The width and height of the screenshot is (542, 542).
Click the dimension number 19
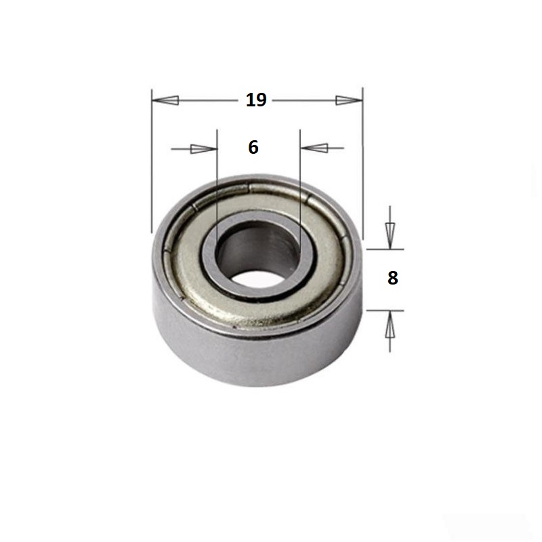pyautogui.click(x=256, y=100)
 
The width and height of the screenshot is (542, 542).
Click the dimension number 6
pyautogui.click(x=253, y=147)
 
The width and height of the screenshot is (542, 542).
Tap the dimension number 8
pyautogui.click(x=393, y=278)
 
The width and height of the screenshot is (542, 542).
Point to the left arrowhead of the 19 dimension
pyautogui.click(x=165, y=100)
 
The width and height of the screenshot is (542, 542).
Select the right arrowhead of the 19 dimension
pyautogui.click(x=349, y=100)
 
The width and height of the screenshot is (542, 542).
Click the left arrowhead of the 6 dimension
pyautogui.click(x=204, y=149)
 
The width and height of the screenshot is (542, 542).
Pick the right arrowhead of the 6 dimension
pyautogui.click(x=314, y=148)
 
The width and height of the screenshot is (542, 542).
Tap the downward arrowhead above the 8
pyautogui.click(x=390, y=236)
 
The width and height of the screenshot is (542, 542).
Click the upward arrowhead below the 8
pyautogui.click(x=390, y=324)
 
